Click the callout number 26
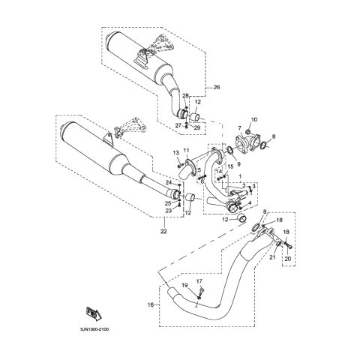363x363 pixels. click(217, 88)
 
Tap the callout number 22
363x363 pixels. click(163, 232)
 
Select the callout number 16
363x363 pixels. click(150, 304)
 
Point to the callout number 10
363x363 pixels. click(254, 120)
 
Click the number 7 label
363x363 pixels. click(239, 128)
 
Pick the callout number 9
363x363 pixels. click(238, 164)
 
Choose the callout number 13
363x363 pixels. click(176, 152)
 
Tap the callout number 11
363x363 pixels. click(186, 150)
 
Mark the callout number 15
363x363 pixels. click(230, 166)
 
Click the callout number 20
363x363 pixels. click(288, 259)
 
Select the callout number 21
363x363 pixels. click(272, 257)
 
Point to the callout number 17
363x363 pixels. click(199, 281)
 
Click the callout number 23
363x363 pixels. click(169, 211)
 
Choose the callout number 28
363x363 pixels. click(185, 95)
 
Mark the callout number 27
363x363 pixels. click(178, 126)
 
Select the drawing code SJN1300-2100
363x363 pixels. click(94, 329)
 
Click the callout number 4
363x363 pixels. click(250, 202)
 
